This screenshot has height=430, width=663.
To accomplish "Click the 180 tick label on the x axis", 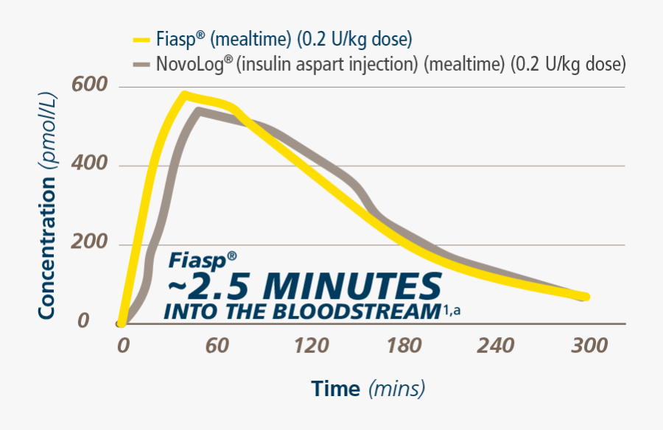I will pos(402,345).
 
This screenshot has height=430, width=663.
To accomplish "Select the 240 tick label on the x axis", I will pos(496,345).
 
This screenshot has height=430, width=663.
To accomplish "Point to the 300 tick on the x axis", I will pos(589,345).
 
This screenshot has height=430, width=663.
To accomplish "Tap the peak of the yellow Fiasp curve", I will pos(183,94).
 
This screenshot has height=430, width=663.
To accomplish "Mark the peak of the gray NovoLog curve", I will pos(198,110).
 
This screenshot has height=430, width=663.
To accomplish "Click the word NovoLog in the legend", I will pos(190,64).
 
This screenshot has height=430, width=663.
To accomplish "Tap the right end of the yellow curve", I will pos(586,297).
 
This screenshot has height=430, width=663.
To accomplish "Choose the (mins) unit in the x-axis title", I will pos(396,388).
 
